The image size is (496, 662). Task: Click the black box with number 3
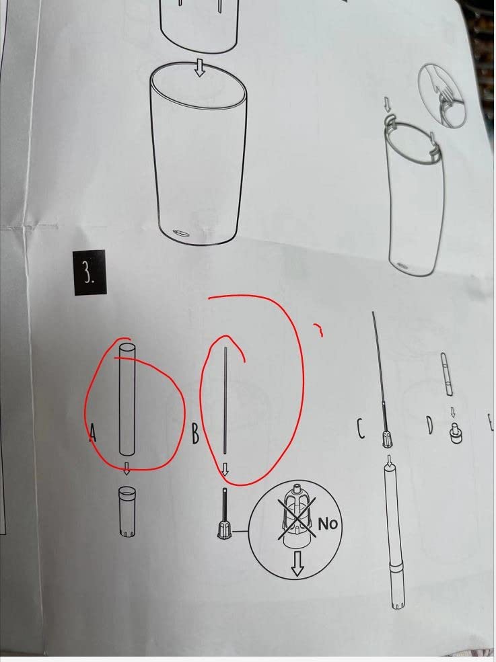pos(90,273)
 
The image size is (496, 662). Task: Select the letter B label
pos(195,433)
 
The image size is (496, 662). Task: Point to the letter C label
pos(360,429)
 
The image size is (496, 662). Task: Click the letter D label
pos(429,425)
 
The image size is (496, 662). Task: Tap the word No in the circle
pos(328,524)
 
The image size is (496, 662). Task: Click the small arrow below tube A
pos(126,468)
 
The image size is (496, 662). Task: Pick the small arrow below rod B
pos(225,469)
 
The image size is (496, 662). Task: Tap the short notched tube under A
pos(127,511)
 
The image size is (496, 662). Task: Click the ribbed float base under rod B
pos(223,530)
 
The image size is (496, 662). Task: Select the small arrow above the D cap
pos(452,411)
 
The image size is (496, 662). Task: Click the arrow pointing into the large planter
pos(200,68)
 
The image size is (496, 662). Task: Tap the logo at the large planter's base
pos(181,232)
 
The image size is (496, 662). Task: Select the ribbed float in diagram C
pos(386,439)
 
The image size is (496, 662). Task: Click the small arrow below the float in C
pos(388,459)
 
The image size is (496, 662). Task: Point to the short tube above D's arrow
pos(446,374)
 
